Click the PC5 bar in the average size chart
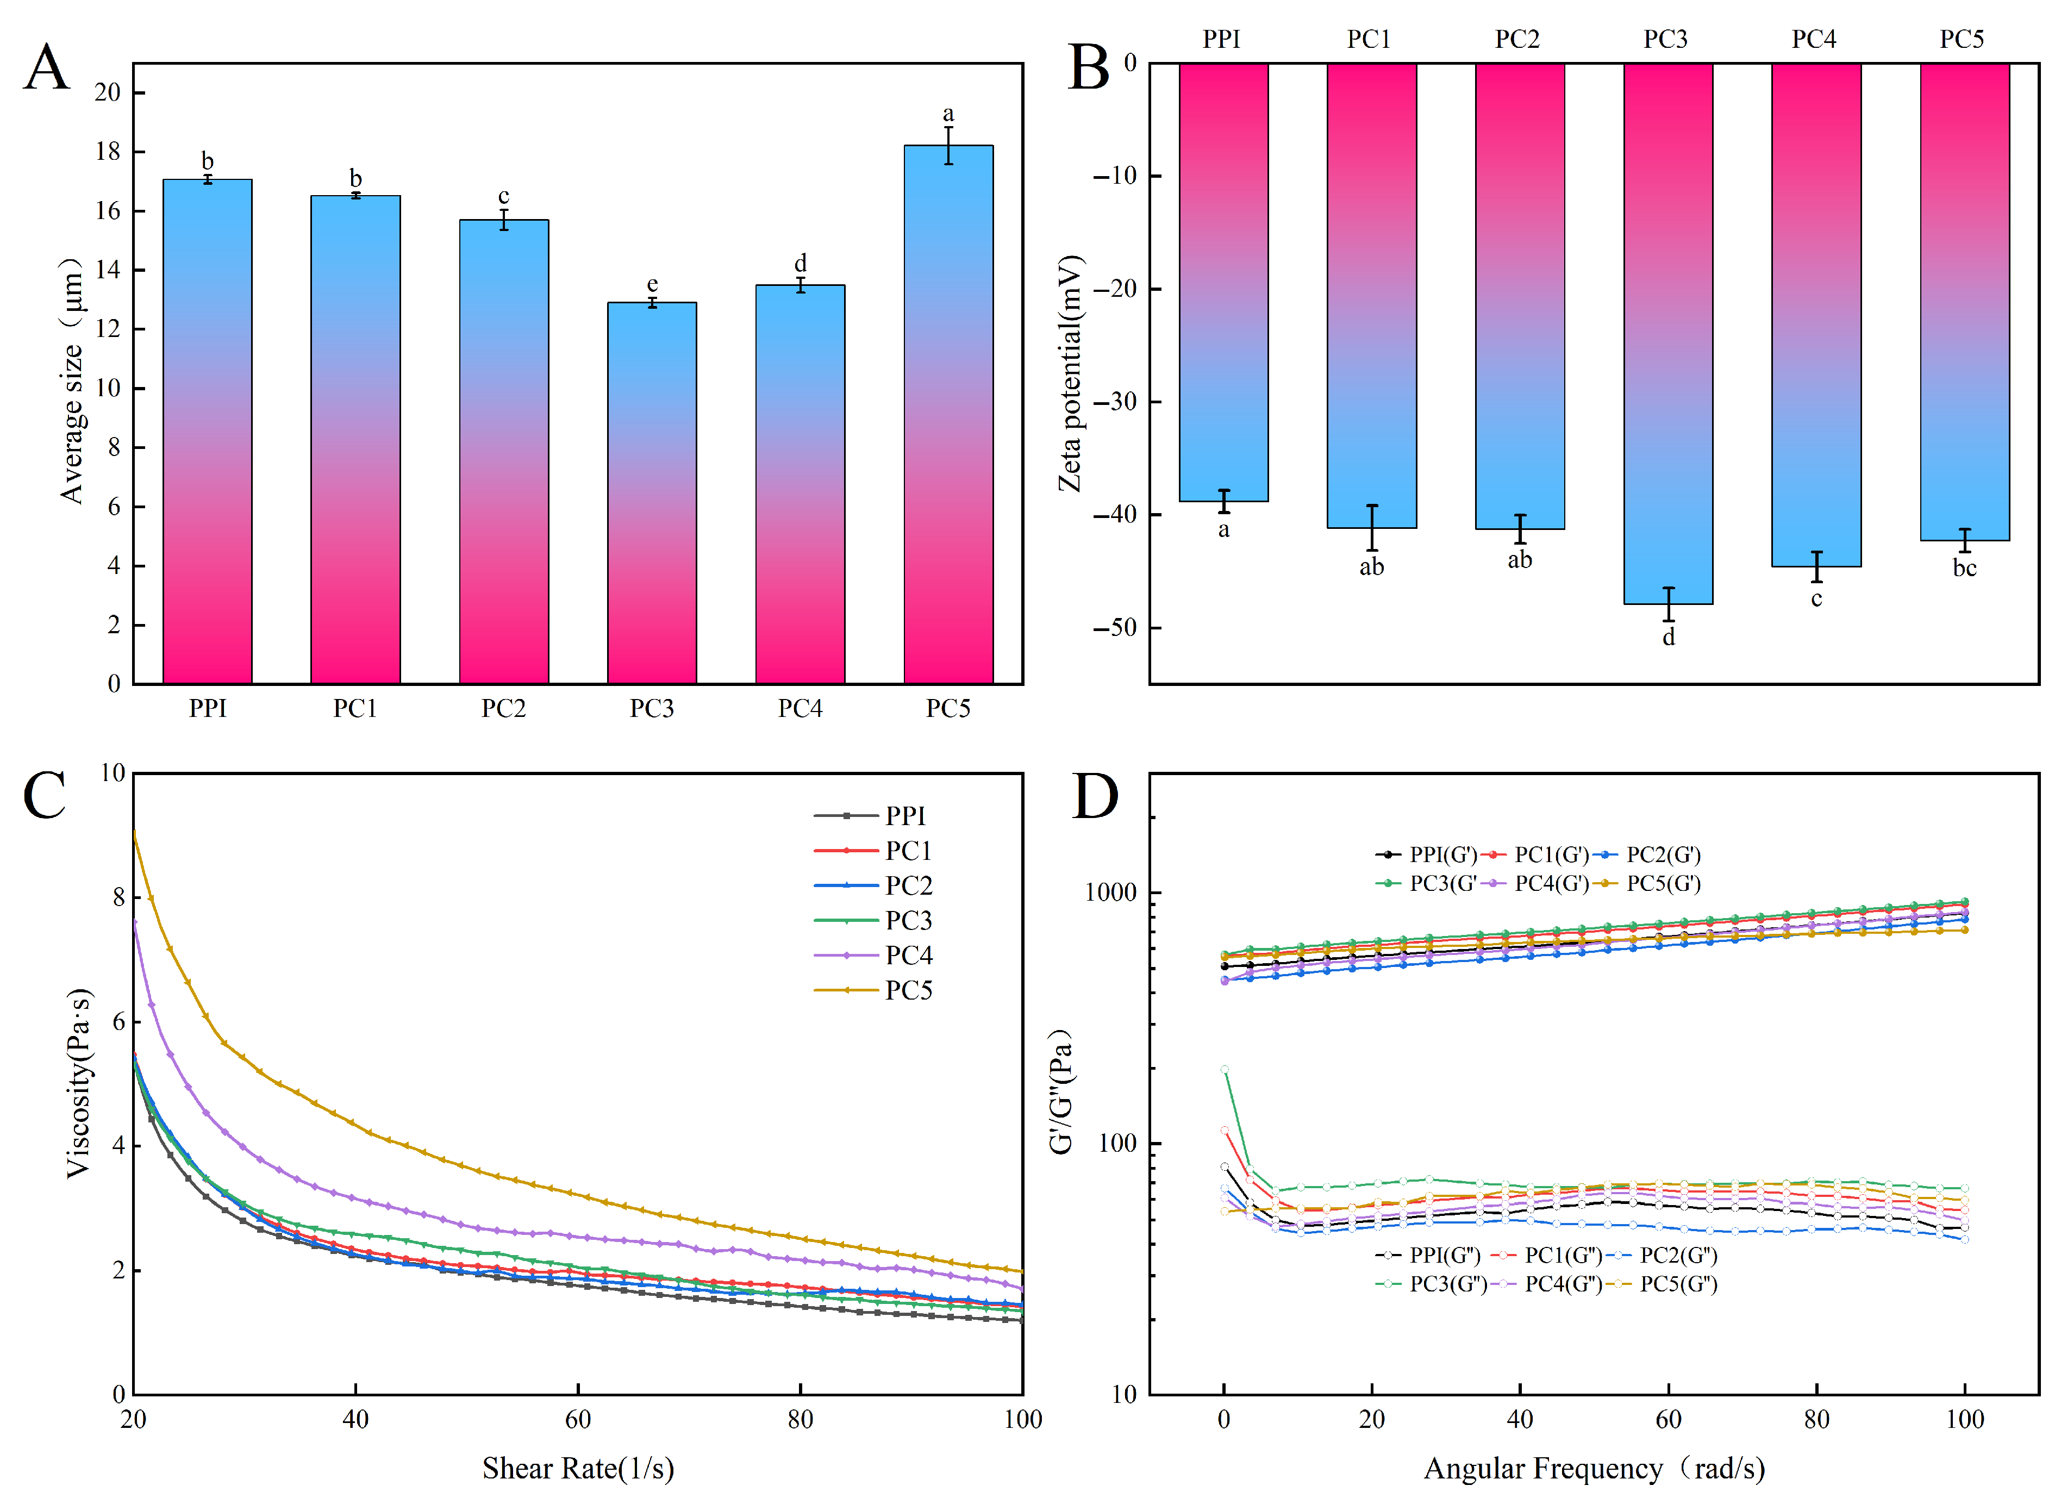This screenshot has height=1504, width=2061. click(948, 414)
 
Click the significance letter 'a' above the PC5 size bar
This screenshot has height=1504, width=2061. click(948, 114)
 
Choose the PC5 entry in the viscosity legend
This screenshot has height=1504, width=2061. click(874, 990)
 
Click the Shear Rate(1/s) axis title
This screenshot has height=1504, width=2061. click(578, 1469)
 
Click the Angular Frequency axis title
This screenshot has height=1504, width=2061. click(1593, 1469)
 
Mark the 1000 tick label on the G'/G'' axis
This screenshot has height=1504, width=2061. click(1110, 892)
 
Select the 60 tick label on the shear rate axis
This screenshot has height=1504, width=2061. click(578, 1419)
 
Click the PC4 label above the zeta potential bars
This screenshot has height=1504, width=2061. click(1814, 39)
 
